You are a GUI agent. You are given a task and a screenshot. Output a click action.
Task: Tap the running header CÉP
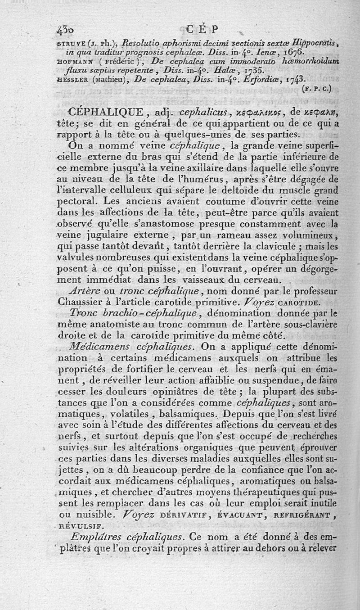click(202, 30)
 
